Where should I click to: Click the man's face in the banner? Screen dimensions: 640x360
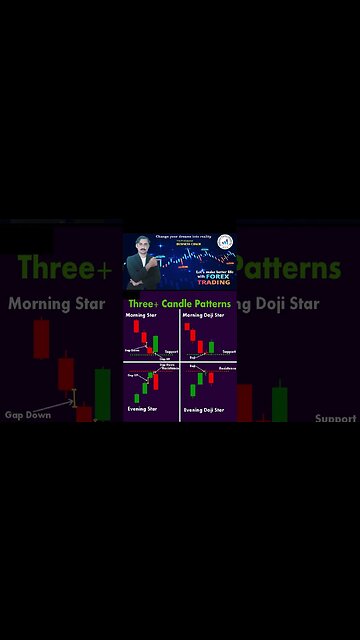coord(141,250)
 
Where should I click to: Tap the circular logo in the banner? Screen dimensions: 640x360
coord(226,243)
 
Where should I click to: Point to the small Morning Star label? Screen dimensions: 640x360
coord(139,314)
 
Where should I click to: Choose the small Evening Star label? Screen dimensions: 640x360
coord(141,408)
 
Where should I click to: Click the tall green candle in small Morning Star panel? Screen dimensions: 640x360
coord(157,345)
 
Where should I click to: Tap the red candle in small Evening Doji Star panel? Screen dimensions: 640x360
coord(212,377)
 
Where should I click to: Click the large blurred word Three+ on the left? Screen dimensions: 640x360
coord(66,269)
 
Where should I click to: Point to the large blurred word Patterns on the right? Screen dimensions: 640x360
coord(289,269)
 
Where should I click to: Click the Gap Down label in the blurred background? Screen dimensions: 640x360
coord(28,414)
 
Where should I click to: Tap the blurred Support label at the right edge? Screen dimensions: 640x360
coord(336,419)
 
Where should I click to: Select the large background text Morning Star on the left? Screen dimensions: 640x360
coord(56,304)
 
